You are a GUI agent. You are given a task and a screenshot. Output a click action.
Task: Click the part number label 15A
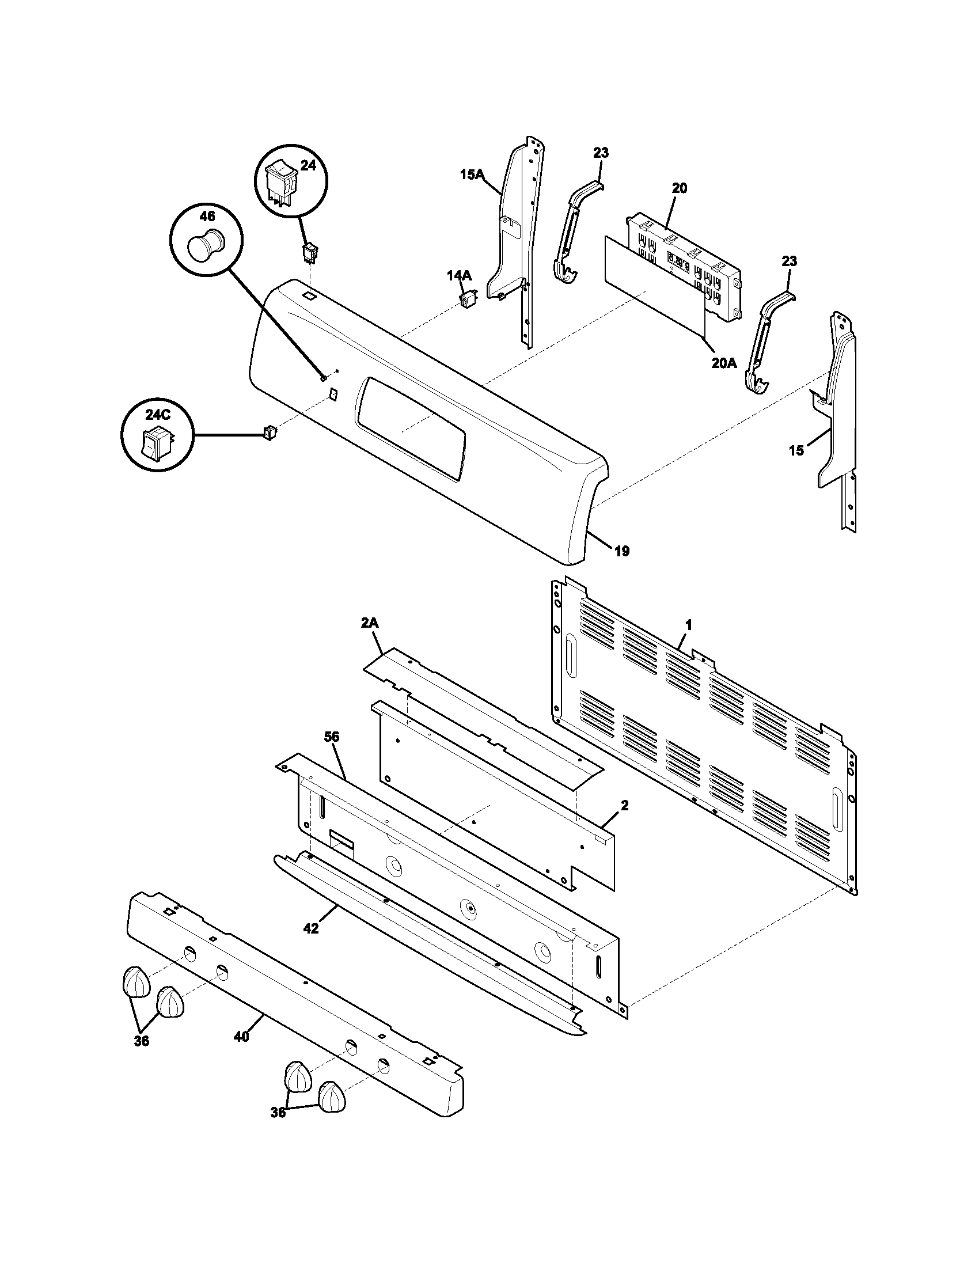pos(471,174)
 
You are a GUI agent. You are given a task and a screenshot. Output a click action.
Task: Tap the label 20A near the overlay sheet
pos(724,363)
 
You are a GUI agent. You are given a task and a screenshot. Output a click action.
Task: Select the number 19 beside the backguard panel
pos(621,551)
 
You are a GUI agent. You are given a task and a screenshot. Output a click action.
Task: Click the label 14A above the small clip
pos(459,276)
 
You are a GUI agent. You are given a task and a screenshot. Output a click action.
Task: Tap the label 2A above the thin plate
pos(370,623)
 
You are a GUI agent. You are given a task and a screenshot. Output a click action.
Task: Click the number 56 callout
pos(332,737)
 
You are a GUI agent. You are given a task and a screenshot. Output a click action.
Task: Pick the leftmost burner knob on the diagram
pos(136,981)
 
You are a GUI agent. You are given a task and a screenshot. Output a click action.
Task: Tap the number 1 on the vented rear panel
pos(688,625)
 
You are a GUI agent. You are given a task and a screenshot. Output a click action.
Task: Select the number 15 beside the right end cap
pos(796,450)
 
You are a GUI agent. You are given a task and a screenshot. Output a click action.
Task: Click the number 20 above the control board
pos(680,188)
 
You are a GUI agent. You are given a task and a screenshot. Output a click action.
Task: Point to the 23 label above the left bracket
pos(601,153)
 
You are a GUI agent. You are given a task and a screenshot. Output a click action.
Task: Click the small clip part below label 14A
pos(467,300)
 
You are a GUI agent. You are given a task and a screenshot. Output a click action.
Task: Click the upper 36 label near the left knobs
pos(142,1041)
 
